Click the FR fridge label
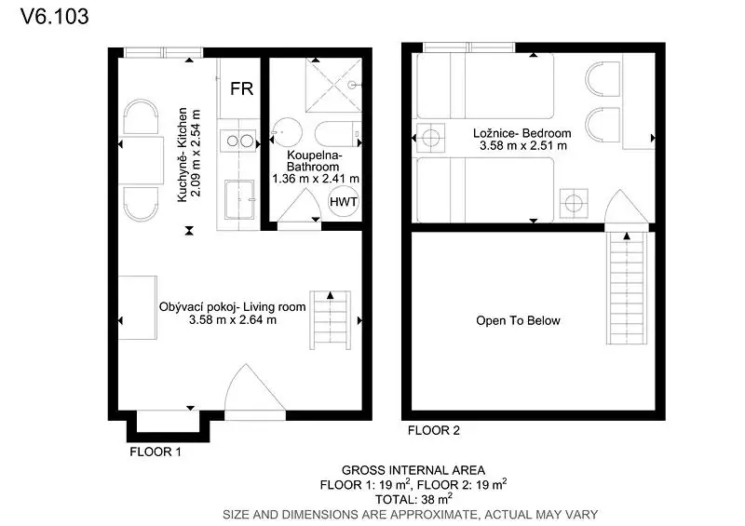[x=241, y=88]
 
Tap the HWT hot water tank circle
[x=344, y=201]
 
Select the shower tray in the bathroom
[x=333, y=85]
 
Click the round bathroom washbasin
[x=287, y=132]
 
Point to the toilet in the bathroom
[x=338, y=133]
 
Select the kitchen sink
[x=239, y=199]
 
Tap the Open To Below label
[x=518, y=321]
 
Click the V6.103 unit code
[x=55, y=17]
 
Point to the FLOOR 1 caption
[x=156, y=452]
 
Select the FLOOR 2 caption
[x=434, y=430]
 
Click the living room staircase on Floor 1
[x=331, y=320]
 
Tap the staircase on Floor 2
[x=627, y=288]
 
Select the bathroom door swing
[x=299, y=205]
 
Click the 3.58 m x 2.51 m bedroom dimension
[x=522, y=146]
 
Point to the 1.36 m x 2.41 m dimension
[x=316, y=179]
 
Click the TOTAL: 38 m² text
[x=413, y=499]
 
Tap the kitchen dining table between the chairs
[x=138, y=159]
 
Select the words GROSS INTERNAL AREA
[x=413, y=470]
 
